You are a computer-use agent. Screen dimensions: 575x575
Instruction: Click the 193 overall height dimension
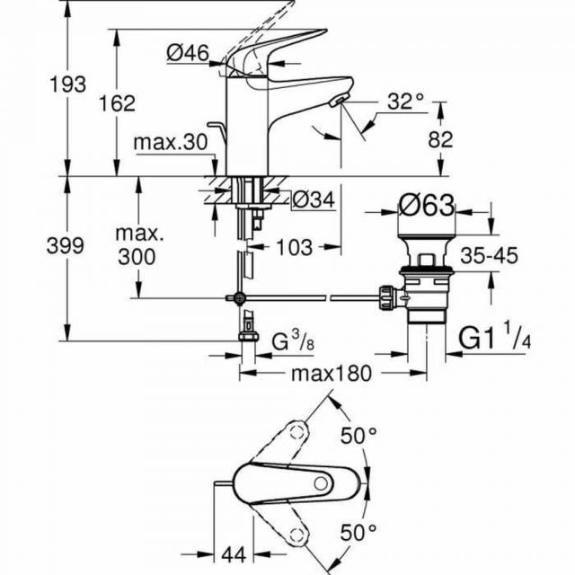click(x=69, y=84)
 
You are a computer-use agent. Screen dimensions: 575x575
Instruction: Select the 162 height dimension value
click(x=118, y=103)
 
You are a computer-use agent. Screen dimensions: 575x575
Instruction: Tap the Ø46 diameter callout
click(x=188, y=54)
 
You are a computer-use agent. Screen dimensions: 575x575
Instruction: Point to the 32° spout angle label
click(x=406, y=102)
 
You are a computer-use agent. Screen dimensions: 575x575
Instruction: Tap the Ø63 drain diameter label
click(x=427, y=206)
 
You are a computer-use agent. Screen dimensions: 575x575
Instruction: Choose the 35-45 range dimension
click(x=489, y=256)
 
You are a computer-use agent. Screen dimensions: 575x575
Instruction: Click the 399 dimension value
click(x=69, y=245)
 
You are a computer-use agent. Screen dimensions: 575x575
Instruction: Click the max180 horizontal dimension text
click(x=330, y=372)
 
